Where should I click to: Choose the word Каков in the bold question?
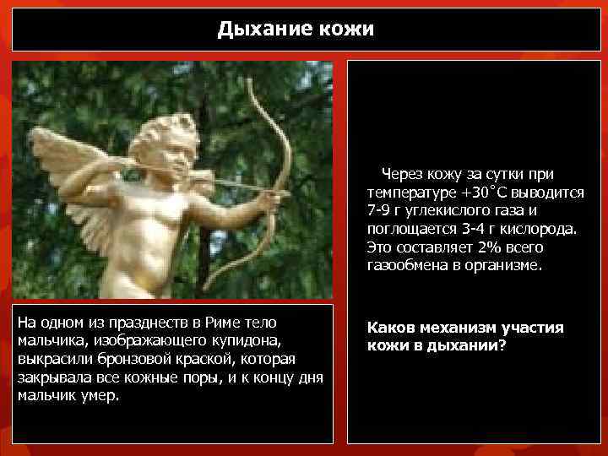[x=388, y=328]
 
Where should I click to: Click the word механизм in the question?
[x=457, y=328]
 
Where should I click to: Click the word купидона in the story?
[x=251, y=340]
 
